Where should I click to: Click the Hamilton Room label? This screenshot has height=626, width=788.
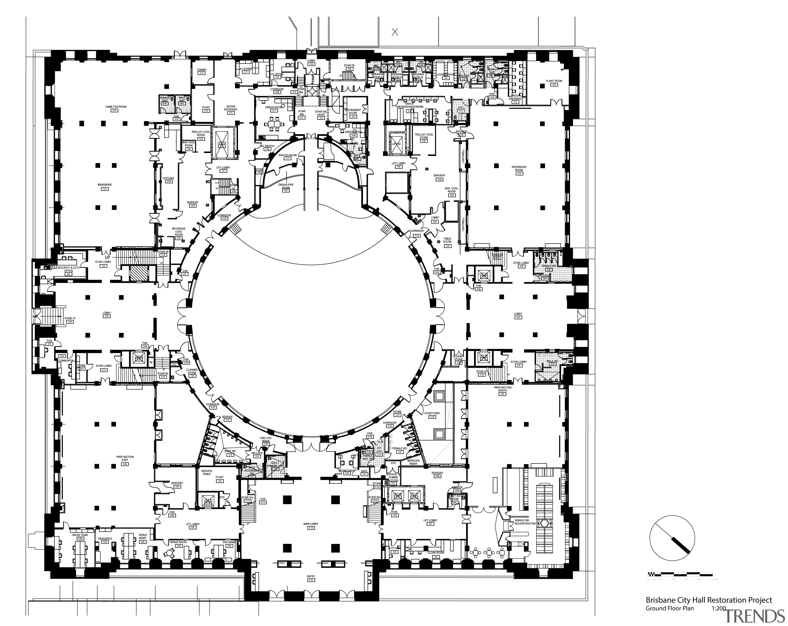(x=115, y=107)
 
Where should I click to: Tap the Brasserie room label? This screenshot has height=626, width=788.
(x=105, y=185)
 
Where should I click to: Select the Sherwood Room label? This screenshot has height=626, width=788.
(x=519, y=168)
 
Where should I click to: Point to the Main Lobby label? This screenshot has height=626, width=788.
(x=311, y=523)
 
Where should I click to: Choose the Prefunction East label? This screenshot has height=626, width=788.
(x=125, y=458)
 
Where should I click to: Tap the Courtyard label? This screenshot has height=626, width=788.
(x=432, y=413)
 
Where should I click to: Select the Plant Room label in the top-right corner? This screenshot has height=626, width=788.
(x=554, y=81)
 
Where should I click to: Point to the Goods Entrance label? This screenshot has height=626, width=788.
(x=231, y=108)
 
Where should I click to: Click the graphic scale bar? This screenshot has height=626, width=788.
(x=680, y=575)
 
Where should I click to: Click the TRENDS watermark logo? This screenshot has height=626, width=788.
(x=754, y=616)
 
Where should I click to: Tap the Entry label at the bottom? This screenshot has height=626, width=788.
(x=311, y=577)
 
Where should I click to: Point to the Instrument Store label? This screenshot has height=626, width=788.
(x=353, y=111)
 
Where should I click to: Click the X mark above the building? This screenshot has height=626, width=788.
(x=395, y=32)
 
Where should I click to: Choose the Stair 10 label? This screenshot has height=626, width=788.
(x=70, y=318)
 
